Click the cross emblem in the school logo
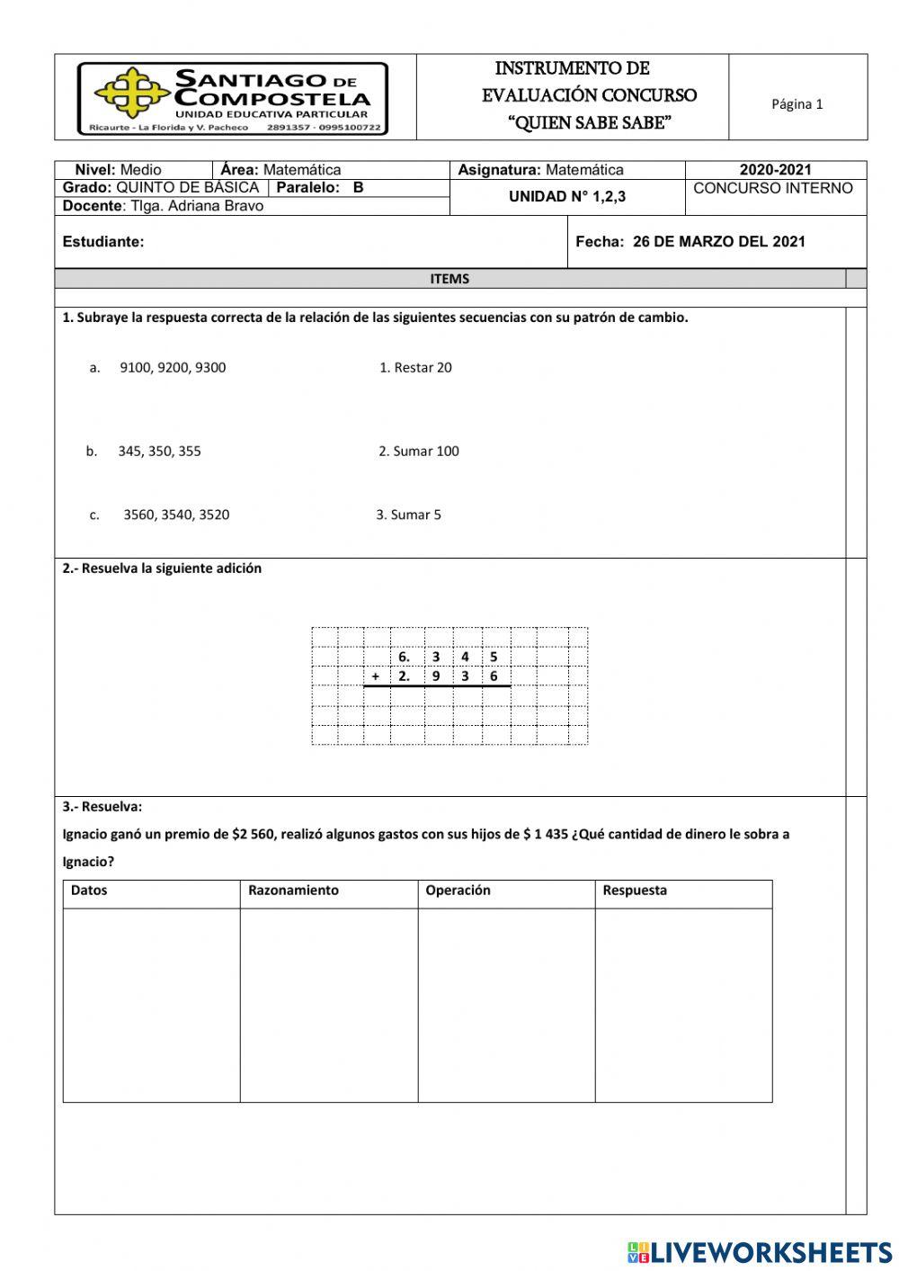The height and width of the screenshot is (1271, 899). [132, 92]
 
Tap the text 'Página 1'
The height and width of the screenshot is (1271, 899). [797, 104]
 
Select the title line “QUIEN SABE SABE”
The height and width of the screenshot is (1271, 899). [590, 123]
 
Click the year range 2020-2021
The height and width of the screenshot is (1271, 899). [775, 170]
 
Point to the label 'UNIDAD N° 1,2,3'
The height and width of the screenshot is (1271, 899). [566, 197]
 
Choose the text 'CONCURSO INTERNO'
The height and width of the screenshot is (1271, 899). [773, 189]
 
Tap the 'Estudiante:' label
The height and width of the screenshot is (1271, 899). [103, 242]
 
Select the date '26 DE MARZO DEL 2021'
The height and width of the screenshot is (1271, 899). [718, 242]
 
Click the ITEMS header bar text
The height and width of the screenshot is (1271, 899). [449, 279]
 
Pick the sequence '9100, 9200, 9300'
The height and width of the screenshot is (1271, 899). [173, 368]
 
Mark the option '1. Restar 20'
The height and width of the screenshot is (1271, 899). [415, 368]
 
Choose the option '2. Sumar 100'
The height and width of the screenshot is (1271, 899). [418, 452]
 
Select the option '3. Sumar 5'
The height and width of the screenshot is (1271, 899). [408, 515]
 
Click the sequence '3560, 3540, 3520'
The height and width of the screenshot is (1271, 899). [176, 515]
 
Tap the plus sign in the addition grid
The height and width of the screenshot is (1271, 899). [375, 676]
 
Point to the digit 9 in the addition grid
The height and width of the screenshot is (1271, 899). [436, 676]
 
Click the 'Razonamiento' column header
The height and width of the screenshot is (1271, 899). [293, 891]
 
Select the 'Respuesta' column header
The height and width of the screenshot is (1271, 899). [635, 891]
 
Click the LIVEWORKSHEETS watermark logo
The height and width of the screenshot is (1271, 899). [760, 1252]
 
